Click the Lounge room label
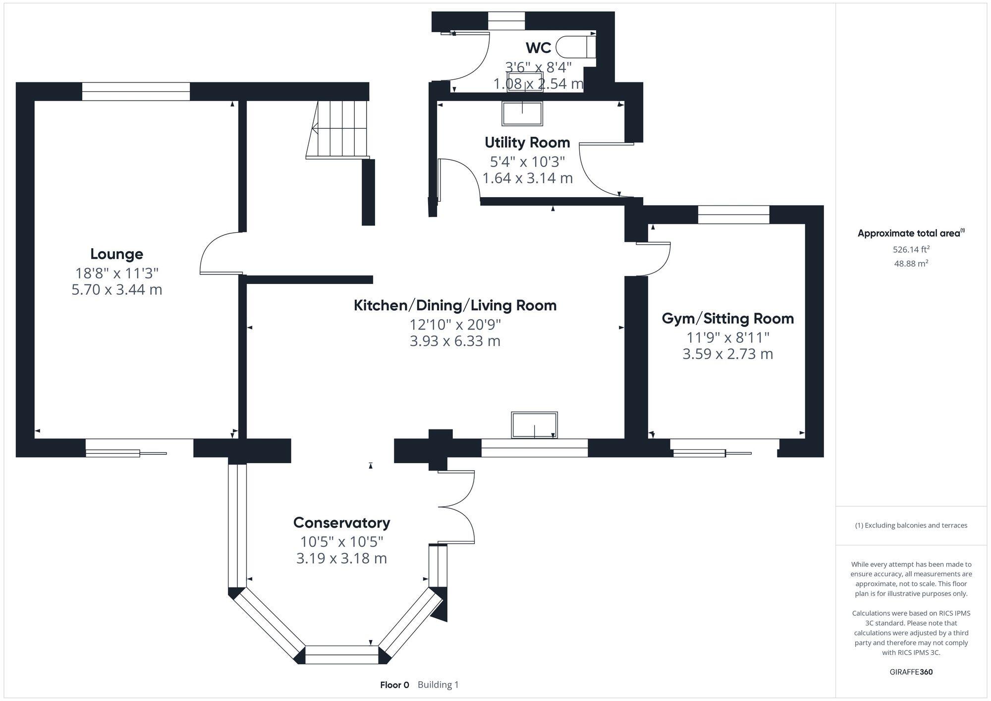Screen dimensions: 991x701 [116, 254]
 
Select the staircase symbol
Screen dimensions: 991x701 [338, 129]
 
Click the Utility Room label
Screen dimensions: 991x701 [527, 143]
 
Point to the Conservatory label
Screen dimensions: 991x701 [341, 523]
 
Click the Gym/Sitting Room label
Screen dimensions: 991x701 [728, 319]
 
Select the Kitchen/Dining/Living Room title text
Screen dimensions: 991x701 [455, 305]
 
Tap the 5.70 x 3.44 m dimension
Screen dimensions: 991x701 [117, 289]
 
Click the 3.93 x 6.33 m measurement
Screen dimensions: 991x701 [455, 341]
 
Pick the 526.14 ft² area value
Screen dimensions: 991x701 [911, 249]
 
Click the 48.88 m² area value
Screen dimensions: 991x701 [911, 264]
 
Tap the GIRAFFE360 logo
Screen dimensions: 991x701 [911, 672]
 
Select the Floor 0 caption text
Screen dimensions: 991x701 [394, 685]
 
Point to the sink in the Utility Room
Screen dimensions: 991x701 [522, 113]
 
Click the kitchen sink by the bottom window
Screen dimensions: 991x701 [534, 425]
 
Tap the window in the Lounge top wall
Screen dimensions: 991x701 [136, 92]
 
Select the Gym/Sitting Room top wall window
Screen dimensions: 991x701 [734, 215]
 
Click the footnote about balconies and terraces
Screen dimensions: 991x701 [911, 525]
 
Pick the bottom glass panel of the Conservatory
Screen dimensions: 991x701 [342, 654]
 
